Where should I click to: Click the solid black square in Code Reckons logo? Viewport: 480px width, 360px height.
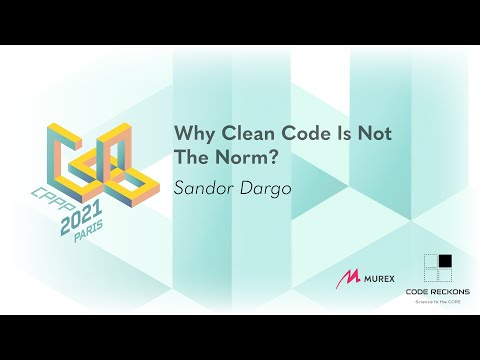(444, 262)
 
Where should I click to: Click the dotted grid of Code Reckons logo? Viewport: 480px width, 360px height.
(431, 268)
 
